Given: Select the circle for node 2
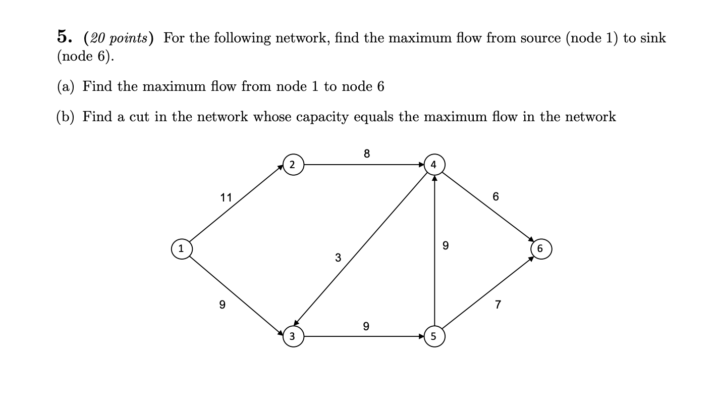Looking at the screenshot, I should [x=293, y=165].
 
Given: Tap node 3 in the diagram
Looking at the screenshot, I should [x=293, y=336].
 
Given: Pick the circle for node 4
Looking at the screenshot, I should [x=434, y=165].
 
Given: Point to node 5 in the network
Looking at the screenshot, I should [x=434, y=336].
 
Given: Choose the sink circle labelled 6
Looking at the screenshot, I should [x=540, y=248].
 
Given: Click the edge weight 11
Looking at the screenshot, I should [x=226, y=198].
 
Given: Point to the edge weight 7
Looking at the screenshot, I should [x=498, y=305].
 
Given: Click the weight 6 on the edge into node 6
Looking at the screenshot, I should [x=495, y=196].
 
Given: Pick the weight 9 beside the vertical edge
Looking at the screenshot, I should [x=445, y=246].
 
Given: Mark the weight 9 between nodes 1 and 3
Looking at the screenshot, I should [x=222, y=305].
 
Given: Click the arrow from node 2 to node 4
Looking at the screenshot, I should [x=363, y=165].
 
